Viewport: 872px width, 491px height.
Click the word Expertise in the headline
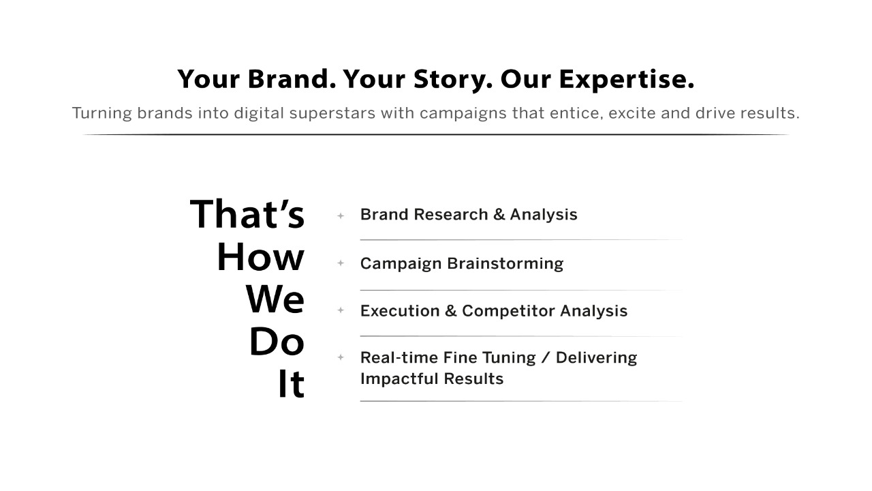pyautogui.click(x=626, y=80)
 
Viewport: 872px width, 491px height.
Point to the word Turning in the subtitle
pyautogui.click(x=102, y=113)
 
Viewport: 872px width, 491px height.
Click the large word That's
pyautogui.click(x=247, y=213)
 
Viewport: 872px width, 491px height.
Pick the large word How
pyautogui.click(x=260, y=257)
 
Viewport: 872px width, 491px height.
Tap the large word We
pyautogui.click(x=275, y=299)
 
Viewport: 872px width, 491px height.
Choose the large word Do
pyautogui.click(x=277, y=342)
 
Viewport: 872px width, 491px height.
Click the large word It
pyautogui.click(x=291, y=384)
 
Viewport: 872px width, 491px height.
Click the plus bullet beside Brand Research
pyautogui.click(x=341, y=215)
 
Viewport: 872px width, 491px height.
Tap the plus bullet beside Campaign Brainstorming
pyautogui.click(x=341, y=263)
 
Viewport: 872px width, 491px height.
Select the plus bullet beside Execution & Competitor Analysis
pyautogui.click(x=341, y=310)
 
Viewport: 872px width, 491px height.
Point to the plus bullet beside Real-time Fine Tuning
pyautogui.click(x=341, y=357)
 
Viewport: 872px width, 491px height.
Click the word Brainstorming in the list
pyautogui.click(x=505, y=264)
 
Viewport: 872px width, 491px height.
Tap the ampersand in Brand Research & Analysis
pyautogui.click(x=499, y=214)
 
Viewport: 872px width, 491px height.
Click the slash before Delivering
pyautogui.click(x=546, y=358)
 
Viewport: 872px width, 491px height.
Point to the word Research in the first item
pyautogui.click(x=451, y=214)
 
